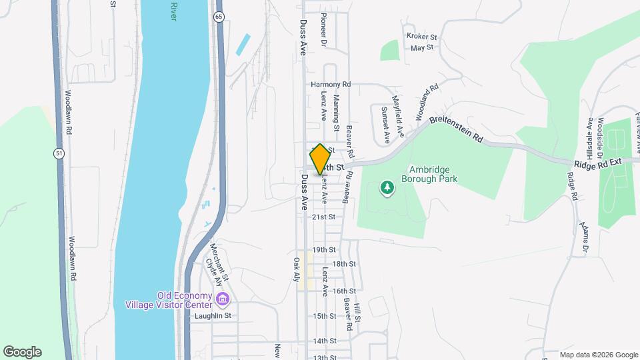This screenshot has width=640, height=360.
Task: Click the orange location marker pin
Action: pyautogui.click(x=320, y=159)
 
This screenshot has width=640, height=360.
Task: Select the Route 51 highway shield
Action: pyautogui.click(x=60, y=154)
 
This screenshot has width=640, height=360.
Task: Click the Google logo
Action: pyautogui.click(x=22, y=352)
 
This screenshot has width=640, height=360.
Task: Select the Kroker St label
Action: pyautogui.click(x=421, y=37)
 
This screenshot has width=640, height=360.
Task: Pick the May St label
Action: pyautogui.click(x=422, y=48)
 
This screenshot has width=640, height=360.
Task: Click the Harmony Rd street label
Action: pyautogui.click(x=331, y=85)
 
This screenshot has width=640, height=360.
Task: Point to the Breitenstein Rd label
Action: pyautogui.click(x=456, y=130)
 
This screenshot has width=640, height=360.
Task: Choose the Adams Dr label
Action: pyautogui.click(x=585, y=237)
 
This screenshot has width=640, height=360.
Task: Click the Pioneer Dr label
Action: pyautogui.click(x=323, y=29)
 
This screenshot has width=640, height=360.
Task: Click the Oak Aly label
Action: pyautogui.click(x=297, y=269)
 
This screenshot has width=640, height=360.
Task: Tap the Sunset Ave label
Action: pyautogui.click(x=385, y=125)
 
